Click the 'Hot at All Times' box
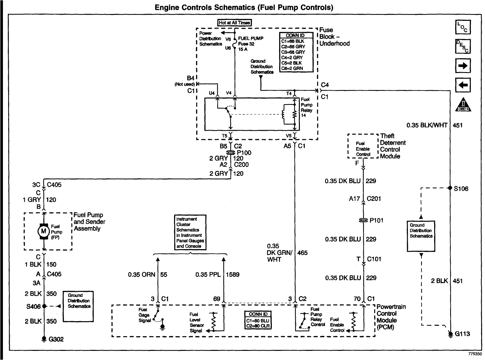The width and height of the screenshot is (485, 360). point(235,23)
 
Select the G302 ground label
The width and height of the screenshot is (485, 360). point(56,339)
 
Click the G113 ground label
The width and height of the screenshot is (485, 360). point(463,334)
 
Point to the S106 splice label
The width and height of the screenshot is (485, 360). point(461,188)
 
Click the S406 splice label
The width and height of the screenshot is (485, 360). point(33,306)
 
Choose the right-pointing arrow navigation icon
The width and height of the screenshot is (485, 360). point(463,66)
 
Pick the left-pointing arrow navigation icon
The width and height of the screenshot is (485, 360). point(463,85)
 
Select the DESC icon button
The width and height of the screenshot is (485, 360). point(463,47)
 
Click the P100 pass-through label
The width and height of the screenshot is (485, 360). point(244,153)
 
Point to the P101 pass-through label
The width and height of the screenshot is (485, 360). point(376,220)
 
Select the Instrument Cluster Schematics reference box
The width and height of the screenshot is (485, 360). point(190,232)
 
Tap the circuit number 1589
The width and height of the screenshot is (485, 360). point(233,275)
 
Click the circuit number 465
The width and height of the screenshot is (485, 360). point(302,252)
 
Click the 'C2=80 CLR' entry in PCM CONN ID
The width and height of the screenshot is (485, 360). point(258,325)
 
